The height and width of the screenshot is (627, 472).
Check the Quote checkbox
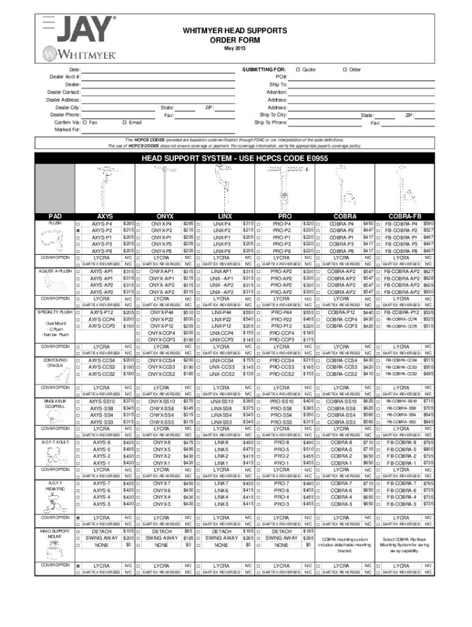[298, 69]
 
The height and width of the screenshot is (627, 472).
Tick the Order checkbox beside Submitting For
[345, 69]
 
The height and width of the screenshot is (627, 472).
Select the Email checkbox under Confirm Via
[124, 122]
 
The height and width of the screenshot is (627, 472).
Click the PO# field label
[281, 77]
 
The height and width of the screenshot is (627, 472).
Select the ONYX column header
[165, 216]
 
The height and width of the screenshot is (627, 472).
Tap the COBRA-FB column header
[405, 216]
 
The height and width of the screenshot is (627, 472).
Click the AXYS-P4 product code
[102, 224]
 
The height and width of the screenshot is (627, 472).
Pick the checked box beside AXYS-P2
[78, 231]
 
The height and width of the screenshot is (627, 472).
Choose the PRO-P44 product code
[281, 312]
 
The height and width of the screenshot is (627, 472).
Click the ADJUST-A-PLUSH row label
[55, 271]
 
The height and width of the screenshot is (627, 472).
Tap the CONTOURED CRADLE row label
[55, 363]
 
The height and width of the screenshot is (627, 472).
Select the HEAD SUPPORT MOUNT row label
[55, 533]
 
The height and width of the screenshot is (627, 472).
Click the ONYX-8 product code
[162, 442]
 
